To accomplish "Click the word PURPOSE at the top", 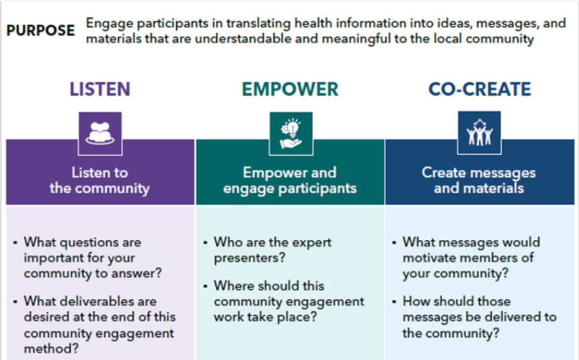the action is click(41, 30).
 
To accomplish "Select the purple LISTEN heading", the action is click(100, 89).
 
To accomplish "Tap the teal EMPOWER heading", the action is click(290, 89).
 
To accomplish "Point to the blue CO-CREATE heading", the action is click(480, 89).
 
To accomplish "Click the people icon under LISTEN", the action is click(100, 133).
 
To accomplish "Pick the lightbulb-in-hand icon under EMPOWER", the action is click(291, 133).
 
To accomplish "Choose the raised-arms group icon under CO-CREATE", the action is click(479, 133).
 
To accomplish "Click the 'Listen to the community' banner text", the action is click(100, 181).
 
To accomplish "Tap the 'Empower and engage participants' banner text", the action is click(290, 181).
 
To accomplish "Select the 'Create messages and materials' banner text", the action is click(479, 181).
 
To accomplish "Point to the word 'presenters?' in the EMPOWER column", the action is click(250, 258).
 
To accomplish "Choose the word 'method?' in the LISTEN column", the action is click(51, 349).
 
